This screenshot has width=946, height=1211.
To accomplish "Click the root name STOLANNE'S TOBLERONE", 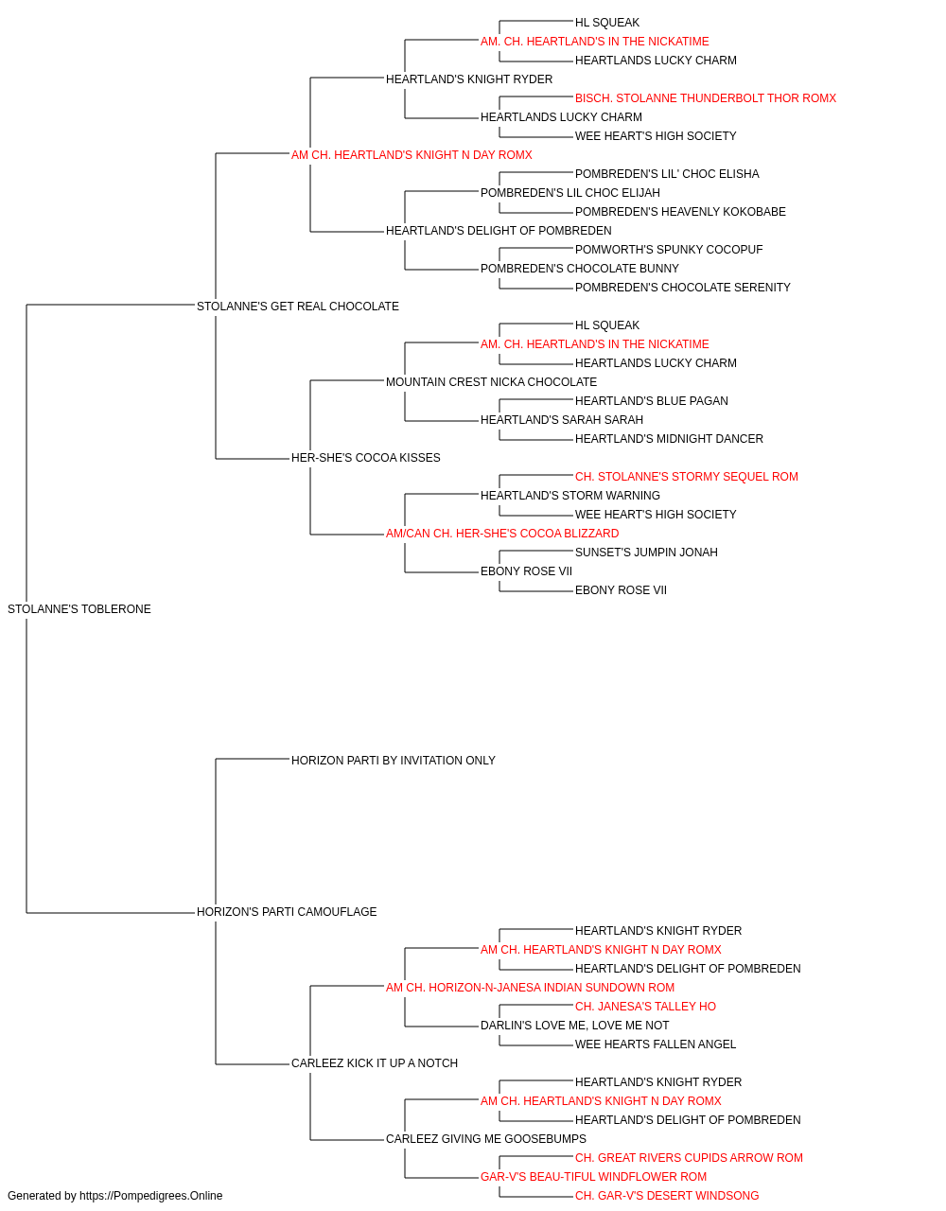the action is [79, 609].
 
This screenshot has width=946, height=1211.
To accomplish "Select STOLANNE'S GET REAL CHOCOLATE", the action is [297, 307].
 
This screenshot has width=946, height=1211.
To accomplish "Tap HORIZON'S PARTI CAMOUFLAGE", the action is [287, 912].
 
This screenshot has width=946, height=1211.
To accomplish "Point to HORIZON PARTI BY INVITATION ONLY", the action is [393, 761].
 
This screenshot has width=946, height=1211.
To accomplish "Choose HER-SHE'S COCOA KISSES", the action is [365, 458].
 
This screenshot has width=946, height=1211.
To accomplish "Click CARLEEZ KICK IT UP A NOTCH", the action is [375, 1063].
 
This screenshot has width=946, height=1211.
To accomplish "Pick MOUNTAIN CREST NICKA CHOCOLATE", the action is [491, 382].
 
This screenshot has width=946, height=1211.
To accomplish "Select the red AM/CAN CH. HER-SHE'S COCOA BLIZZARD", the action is [502, 534].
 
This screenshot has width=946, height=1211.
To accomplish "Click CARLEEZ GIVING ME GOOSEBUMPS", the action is [486, 1139].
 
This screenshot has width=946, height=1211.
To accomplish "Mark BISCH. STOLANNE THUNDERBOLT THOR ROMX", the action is [706, 98].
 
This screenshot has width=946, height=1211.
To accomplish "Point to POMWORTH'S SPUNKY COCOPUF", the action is [669, 250].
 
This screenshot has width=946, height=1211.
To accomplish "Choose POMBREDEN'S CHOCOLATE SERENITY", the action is [682, 288].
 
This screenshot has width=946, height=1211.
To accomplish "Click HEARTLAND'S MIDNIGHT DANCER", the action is [669, 439].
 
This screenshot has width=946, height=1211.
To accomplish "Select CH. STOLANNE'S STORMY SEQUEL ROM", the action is [687, 477].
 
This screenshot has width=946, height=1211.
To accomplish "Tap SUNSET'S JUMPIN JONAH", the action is [646, 553].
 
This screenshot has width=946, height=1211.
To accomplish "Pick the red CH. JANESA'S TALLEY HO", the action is [645, 1007].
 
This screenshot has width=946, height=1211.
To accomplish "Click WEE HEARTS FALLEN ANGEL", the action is [656, 1044].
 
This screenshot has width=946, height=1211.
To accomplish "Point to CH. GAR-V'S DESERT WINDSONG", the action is [667, 1196].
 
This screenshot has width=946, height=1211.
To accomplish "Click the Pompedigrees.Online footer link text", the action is [150, 1196].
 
